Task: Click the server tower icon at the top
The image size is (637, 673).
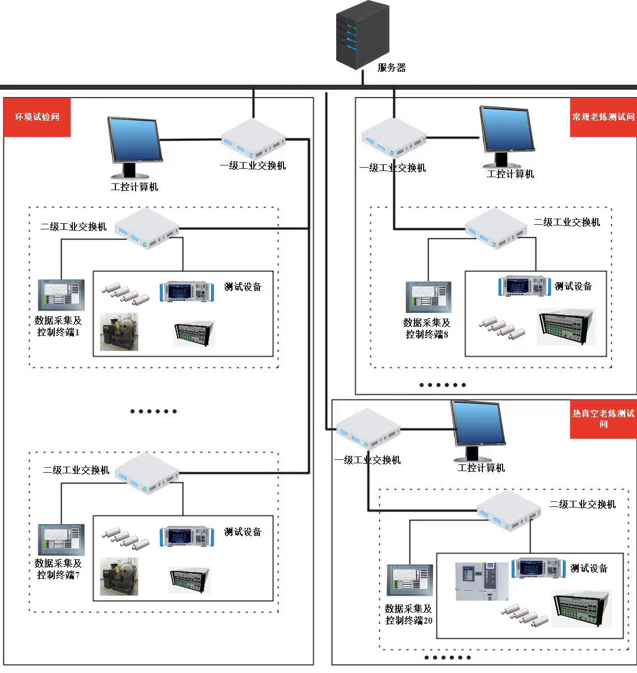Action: click(362, 35)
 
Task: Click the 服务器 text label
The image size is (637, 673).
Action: click(391, 68)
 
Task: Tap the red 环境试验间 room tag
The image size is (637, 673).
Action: click(37, 117)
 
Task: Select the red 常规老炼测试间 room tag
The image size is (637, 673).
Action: click(603, 117)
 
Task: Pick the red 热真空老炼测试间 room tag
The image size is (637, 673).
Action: click(603, 418)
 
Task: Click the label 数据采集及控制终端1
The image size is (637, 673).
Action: click(58, 326)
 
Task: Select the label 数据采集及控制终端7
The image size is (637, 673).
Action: click(58, 569)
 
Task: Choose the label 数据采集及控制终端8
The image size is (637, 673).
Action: click(427, 328)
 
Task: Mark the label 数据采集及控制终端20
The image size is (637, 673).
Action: click(408, 614)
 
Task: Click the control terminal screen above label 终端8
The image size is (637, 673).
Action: click(428, 297)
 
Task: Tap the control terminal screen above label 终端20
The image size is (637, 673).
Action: click(410, 580)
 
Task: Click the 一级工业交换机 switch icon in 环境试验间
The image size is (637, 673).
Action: click(253, 138)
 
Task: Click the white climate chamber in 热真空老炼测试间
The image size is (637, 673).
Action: click(482, 581)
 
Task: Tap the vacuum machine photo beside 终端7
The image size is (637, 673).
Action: click(119, 576)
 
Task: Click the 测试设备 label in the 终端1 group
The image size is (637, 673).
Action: click(243, 287)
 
